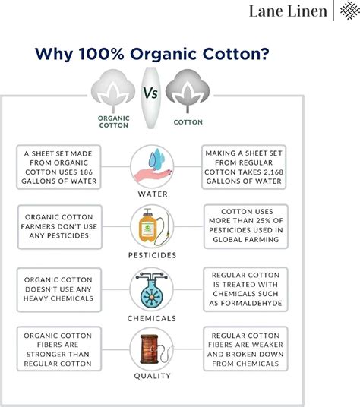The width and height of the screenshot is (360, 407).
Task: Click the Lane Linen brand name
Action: (x=288, y=11)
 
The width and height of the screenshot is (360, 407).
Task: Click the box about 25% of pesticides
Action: (x=243, y=226)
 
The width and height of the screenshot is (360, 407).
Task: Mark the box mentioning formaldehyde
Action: (x=243, y=289)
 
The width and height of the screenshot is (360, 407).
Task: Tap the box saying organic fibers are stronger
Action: (x=58, y=348)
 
